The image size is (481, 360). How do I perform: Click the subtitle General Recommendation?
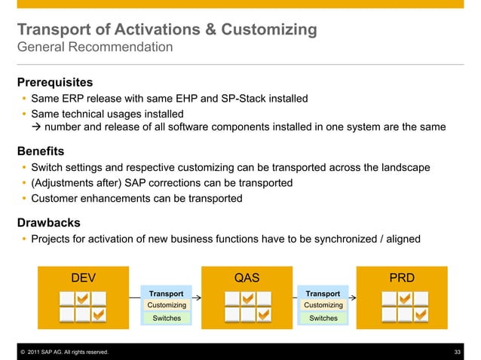point(95,48)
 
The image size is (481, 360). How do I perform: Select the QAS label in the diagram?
point(247,277)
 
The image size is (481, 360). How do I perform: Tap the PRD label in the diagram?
point(402,277)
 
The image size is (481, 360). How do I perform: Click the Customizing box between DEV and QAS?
point(167,305)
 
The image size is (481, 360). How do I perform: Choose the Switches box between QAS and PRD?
point(323,319)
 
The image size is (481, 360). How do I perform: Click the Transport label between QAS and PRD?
point(323,293)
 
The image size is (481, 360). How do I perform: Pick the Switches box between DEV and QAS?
point(167,319)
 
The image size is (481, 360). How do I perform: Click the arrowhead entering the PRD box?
point(353,298)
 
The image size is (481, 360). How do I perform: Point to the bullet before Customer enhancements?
point(24,199)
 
